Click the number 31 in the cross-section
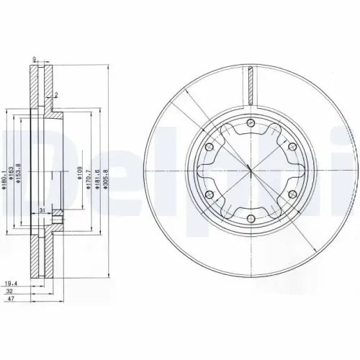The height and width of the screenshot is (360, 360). coord(43,210)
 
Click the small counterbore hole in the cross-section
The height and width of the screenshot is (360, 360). coord(60,221)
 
